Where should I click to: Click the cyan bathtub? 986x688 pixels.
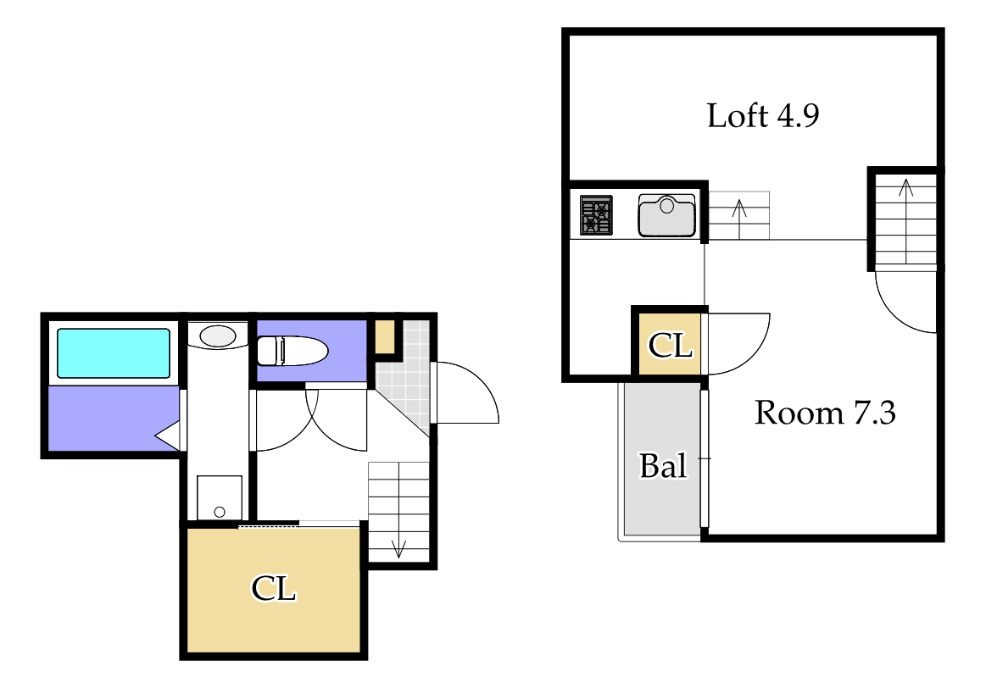[114, 353]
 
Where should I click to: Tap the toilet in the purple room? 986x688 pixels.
[292, 351]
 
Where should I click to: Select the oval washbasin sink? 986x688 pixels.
[218, 336]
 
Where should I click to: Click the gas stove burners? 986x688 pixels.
[596, 215]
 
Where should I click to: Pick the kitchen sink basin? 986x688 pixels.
[666, 215]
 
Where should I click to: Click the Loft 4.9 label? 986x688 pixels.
[763, 115]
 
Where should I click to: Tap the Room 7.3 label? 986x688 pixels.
[825, 413]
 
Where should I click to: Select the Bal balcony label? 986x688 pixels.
[663, 465]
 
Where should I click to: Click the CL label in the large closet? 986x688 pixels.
[274, 589]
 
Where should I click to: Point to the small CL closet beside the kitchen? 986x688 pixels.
[671, 345]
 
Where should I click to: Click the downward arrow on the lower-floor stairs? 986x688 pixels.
[398, 548]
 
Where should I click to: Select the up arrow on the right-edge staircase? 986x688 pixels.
[905, 220]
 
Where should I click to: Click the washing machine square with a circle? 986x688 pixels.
[220, 497]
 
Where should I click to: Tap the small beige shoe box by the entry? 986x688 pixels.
[385, 337]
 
